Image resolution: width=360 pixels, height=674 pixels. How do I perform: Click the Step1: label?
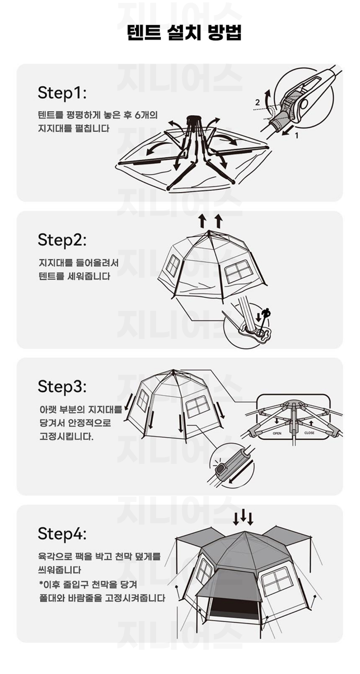[62, 93]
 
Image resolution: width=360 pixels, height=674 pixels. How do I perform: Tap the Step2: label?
[62, 240]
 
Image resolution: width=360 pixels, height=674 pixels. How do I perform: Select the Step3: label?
[62, 387]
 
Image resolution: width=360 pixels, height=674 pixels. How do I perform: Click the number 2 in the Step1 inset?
[257, 102]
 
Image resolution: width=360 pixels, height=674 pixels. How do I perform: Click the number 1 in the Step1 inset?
[296, 136]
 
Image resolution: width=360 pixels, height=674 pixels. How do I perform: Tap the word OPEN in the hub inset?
[277, 434]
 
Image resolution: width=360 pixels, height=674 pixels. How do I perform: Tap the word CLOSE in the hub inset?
[309, 433]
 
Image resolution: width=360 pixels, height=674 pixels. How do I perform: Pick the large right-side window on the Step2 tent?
[239, 271]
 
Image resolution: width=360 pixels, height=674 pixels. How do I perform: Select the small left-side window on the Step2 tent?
[173, 266]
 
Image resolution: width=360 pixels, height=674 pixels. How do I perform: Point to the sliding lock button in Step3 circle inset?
[221, 470]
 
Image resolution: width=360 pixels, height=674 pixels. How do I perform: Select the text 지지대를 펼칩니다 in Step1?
[73, 129]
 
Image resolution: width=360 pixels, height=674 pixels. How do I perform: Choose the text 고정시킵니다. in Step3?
[67, 436]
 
